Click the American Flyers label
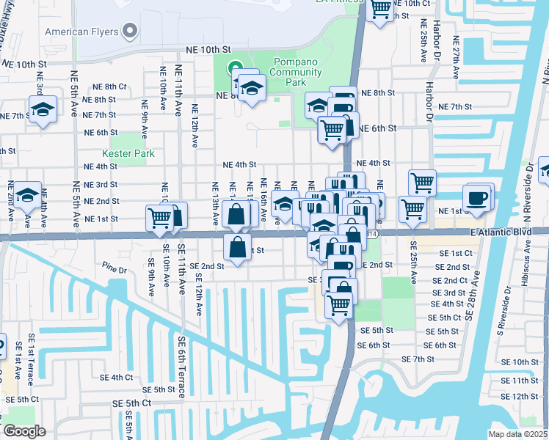point(81,32)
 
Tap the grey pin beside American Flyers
point(131,31)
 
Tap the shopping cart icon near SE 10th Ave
point(159,218)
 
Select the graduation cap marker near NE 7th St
point(43,111)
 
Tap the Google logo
point(23,431)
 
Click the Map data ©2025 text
point(517,434)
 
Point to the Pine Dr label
point(114,269)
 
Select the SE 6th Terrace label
point(181,367)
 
